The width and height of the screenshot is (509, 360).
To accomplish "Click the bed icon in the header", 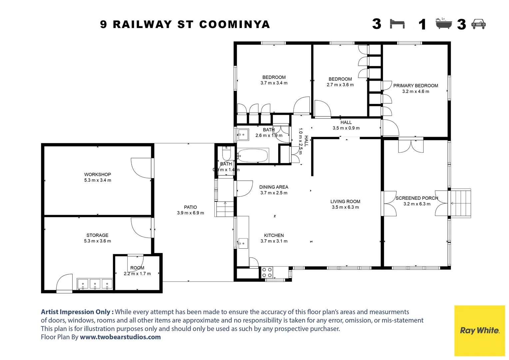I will click(x=397, y=24).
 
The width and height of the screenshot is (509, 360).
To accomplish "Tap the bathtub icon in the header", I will click(x=444, y=24).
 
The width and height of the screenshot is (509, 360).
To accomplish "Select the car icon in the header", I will click(x=479, y=24).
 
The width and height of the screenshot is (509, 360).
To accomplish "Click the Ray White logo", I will click(x=479, y=331).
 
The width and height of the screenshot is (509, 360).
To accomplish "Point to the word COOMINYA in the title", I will click(x=235, y=24).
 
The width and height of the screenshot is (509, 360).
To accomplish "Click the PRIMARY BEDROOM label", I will click(x=415, y=86).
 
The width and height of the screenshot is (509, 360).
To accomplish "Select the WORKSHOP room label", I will click(x=97, y=174).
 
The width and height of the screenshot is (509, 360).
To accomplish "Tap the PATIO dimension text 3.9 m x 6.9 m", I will click(x=190, y=213).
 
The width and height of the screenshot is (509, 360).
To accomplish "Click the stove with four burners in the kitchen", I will click(x=267, y=272).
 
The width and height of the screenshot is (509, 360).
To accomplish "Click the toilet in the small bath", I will click(x=226, y=154).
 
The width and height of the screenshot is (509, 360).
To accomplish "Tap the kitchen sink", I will click(x=243, y=243).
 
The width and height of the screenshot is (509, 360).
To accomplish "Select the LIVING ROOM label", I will click(x=345, y=201).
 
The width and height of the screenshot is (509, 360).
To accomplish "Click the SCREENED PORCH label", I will click(x=416, y=198).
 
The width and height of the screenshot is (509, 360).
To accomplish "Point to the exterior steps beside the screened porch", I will click(x=461, y=203).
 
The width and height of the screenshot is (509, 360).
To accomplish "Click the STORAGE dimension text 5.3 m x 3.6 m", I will click(x=97, y=241).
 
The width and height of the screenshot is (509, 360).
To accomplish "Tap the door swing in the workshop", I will click(x=141, y=168).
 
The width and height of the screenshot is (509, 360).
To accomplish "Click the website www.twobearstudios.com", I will click(x=120, y=337).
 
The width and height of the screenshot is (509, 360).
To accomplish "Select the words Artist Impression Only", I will click(x=77, y=312).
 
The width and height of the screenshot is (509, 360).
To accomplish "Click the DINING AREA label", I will click(x=273, y=187).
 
